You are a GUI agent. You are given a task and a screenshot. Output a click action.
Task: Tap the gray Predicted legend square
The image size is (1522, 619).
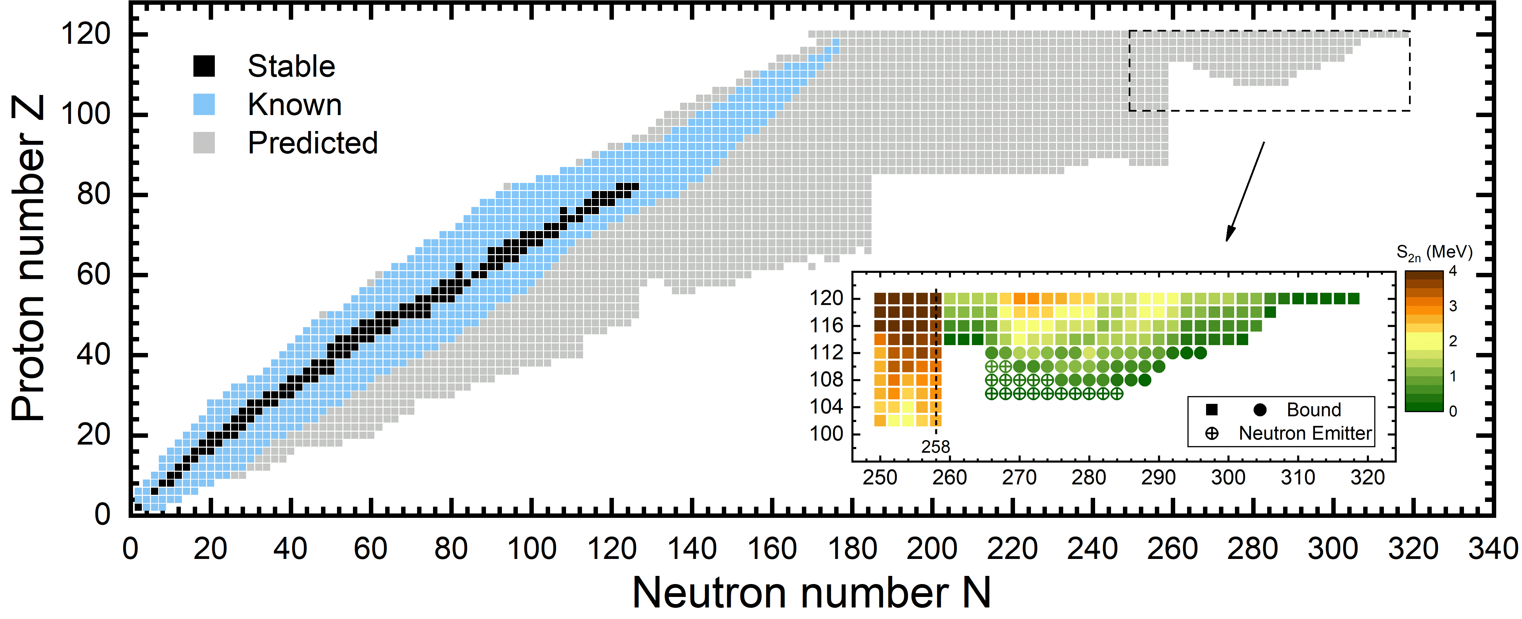click(x=204, y=142)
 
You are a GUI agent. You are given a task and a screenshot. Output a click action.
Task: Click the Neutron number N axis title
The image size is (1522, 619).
click(x=811, y=593)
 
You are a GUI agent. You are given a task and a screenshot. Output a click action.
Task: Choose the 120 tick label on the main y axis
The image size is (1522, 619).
click(x=86, y=34)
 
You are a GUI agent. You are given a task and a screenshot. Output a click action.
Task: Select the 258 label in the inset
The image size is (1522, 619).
click(x=935, y=447)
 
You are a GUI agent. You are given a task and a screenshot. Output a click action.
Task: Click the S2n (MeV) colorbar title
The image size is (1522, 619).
click(x=1434, y=253)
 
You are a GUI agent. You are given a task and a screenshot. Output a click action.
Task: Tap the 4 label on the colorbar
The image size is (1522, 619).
click(x=1453, y=271)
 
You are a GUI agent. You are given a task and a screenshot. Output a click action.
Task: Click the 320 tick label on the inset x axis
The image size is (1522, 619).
click(x=1367, y=477)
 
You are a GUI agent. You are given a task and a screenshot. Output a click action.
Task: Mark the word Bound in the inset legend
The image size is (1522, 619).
click(x=1314, y=410)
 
